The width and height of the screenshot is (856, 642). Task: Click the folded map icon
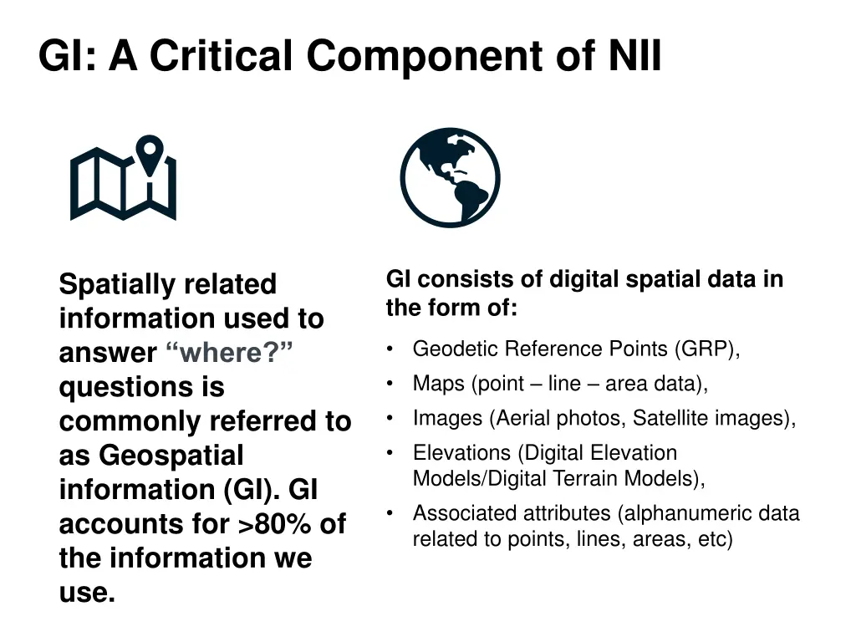click(x=122, y=186)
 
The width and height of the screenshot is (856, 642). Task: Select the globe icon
click(x=450, y=178)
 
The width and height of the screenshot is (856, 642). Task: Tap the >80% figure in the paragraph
click(x=275, y=524)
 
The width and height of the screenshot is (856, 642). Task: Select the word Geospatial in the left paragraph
click(x=171, y=456)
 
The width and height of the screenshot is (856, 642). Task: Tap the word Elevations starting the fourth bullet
click(x=461, y=453)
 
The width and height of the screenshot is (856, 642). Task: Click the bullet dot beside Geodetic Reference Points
click(x=390, y=348)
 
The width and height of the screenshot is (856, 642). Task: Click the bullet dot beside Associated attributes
click(x=390, y=512)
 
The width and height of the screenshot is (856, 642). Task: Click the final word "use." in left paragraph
click(x=87, y=593)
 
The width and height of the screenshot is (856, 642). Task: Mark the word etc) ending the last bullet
click(x=714, y=539)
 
